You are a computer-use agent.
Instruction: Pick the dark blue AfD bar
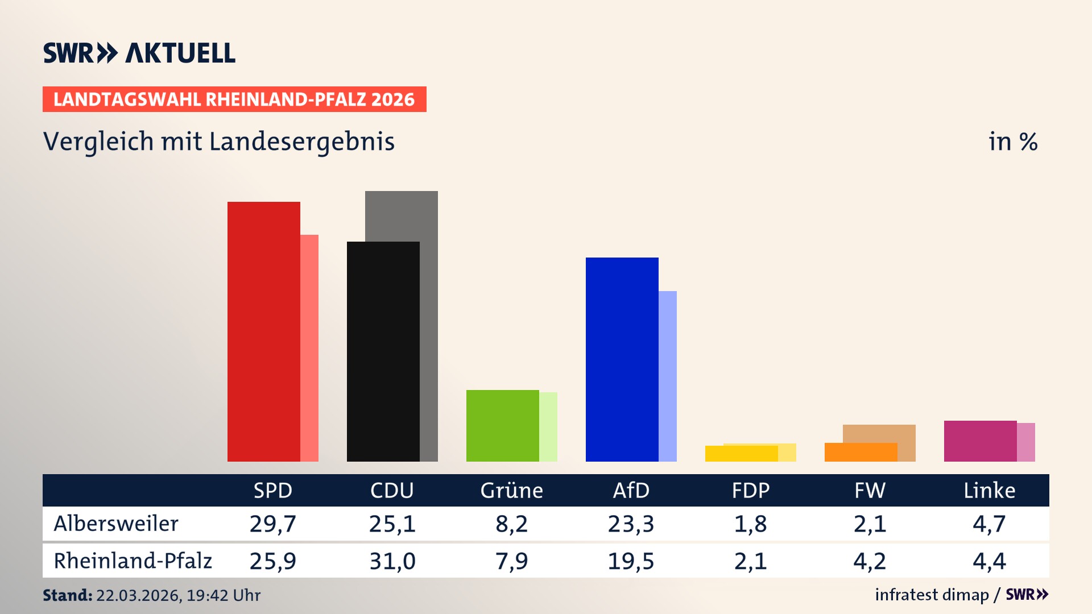pyautogui.click(x=622, y=359)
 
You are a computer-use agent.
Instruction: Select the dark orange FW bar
pyautogui.click(x=861, y=453)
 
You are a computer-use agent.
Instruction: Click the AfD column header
pyautogui.click(x=631, y=490)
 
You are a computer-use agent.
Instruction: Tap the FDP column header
pyautogui.click(x=750, y=490)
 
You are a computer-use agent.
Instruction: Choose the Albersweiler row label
pyautogui.click(x=116, y=524)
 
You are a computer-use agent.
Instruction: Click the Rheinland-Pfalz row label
pyautogui.click(x=133, y=561)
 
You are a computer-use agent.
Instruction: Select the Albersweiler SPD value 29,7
pyautogui.click(x=273, y=524)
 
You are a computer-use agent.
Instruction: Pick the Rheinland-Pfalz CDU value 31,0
pyautogui.click(x=392, y=561)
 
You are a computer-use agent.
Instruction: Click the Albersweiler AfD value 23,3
pyautogui.click(x=631, y=524)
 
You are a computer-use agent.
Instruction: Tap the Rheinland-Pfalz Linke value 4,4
pyautogui.click(x=989, y=561)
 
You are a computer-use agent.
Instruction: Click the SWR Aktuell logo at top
pyautogui.click(x=139, y=53)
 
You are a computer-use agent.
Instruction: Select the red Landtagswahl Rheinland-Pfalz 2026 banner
pyautogui.click(x=234, y=99)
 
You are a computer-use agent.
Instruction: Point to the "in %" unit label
pyautogui.click(x=1013, y=142)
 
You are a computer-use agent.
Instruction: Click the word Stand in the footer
pyautogui.click(x=67, y=595)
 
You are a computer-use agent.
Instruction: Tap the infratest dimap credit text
pyautogui.click(x=932, y=595)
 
